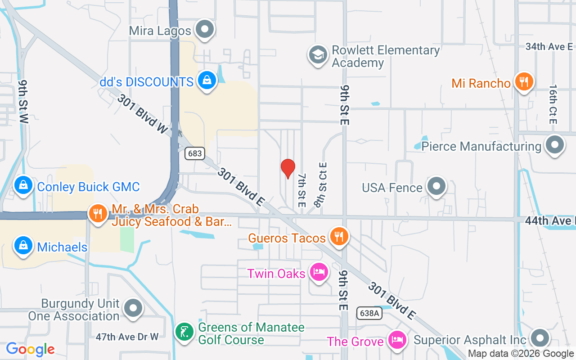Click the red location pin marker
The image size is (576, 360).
tap(288, 169)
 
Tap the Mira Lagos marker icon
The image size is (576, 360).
tap(206, 29)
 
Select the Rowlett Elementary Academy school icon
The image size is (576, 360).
tap(318, 55)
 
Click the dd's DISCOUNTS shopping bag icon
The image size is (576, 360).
tap(207, 81)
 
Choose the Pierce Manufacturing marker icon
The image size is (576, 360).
tap(554, 145)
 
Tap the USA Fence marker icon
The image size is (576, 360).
tap(436, 186)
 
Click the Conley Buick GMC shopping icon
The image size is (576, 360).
tap(23, 185)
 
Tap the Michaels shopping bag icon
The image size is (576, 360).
tap(23, 246)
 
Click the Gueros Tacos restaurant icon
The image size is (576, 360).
tap(338, 236)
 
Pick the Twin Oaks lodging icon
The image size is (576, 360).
tap(318, 272)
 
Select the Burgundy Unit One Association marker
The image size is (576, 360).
tap(133, 309)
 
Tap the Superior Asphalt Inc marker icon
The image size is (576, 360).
tap(540, 338)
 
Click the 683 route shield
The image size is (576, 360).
tap(195, 153)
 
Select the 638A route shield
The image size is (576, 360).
tap(369, 313)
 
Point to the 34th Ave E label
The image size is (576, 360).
tap(549, 46)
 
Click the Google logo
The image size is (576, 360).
tap(31, 349)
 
